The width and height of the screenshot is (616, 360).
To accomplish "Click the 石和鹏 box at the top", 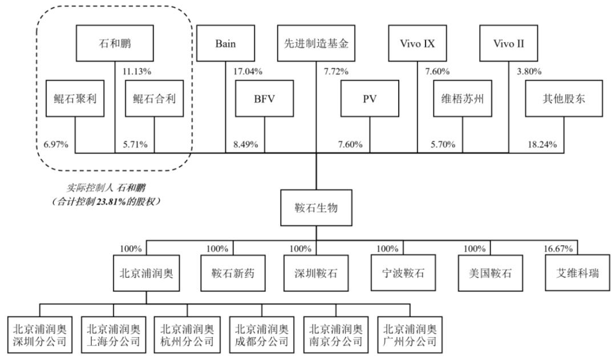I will (x=114, y=43).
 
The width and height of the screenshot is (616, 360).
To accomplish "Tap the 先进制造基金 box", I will (x=315, y=43).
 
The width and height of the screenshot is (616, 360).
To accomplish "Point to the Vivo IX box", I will (x=417, y=43).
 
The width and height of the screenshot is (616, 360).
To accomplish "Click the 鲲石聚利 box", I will (x=75, y=98).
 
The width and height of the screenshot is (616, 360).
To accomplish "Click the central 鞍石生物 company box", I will (x=315, y=208).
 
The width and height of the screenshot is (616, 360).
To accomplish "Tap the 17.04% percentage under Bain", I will (x=248, y=72).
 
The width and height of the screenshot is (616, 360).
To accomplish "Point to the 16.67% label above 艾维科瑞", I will (x=560, y=249).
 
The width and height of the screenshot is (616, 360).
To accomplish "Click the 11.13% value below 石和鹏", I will (x=137, y=72).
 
